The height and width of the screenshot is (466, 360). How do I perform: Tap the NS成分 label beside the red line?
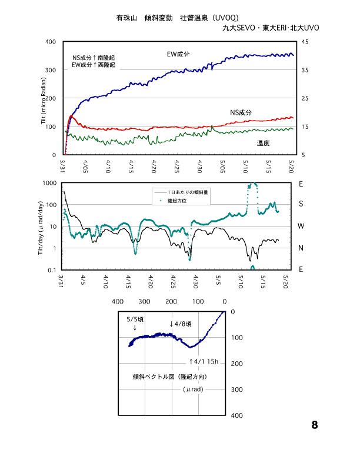(x=241, y=112)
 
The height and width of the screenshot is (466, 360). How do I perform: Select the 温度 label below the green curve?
(x=264, y=143)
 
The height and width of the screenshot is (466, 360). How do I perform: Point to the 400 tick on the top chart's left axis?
(x=50, y=42)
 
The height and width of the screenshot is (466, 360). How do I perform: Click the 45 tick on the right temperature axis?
(x=304, y=42)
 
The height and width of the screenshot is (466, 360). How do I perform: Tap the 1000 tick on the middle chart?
(x=48, y=184)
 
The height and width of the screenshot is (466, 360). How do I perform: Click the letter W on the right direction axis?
(x=301, y=227)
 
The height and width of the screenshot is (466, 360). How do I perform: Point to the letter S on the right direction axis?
(x=301, y=205)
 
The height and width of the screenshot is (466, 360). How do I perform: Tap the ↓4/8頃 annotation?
(x=181, y=324)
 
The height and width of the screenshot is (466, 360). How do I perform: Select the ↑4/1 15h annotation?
(x=204, y=361)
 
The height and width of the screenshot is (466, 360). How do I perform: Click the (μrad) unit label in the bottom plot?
(x=192, y=390)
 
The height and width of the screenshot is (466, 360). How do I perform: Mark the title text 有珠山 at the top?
(x=126, y=18)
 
